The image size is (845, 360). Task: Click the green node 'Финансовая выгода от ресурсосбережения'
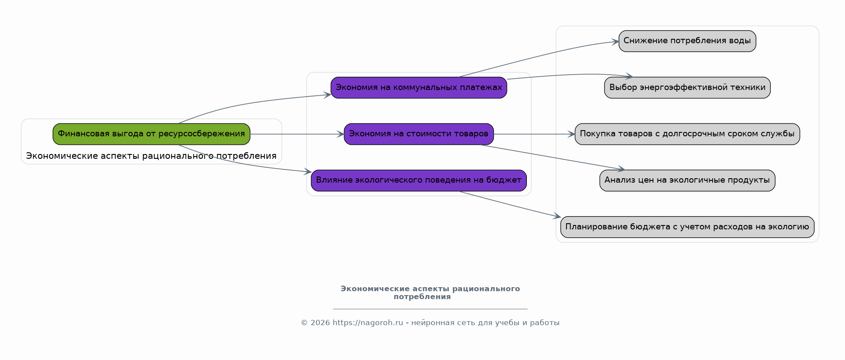[151, 134]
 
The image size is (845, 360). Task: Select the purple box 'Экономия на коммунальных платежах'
[419, 88]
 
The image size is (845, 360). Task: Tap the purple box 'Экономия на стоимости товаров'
[419, 134]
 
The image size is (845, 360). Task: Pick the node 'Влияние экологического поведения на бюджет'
[419, 180]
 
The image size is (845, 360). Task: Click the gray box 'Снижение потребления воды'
[687, 41]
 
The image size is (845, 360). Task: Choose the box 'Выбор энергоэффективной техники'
[687, 88]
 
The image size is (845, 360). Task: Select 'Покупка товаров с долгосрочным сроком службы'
[687, 134]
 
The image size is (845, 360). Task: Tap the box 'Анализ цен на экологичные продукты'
[687, 180]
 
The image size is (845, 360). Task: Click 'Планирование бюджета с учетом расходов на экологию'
[687, 227]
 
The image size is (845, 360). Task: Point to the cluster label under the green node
[151, 156]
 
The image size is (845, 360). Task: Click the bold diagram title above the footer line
[430, 292]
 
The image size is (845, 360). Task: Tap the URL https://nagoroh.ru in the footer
[368, 323]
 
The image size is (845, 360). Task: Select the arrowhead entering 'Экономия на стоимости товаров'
[340, 134]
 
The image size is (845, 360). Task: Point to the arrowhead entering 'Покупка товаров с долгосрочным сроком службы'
[571, 134]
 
